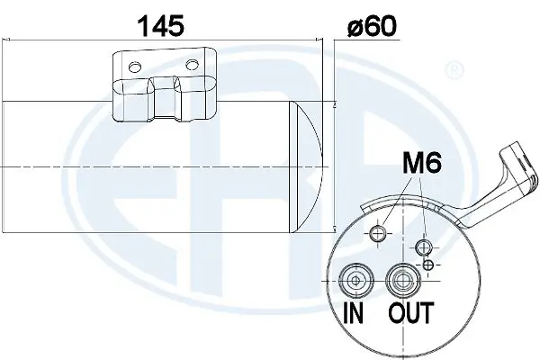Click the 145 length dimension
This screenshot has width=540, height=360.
coord(161,24)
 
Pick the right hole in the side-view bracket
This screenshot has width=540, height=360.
coord(193,65)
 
